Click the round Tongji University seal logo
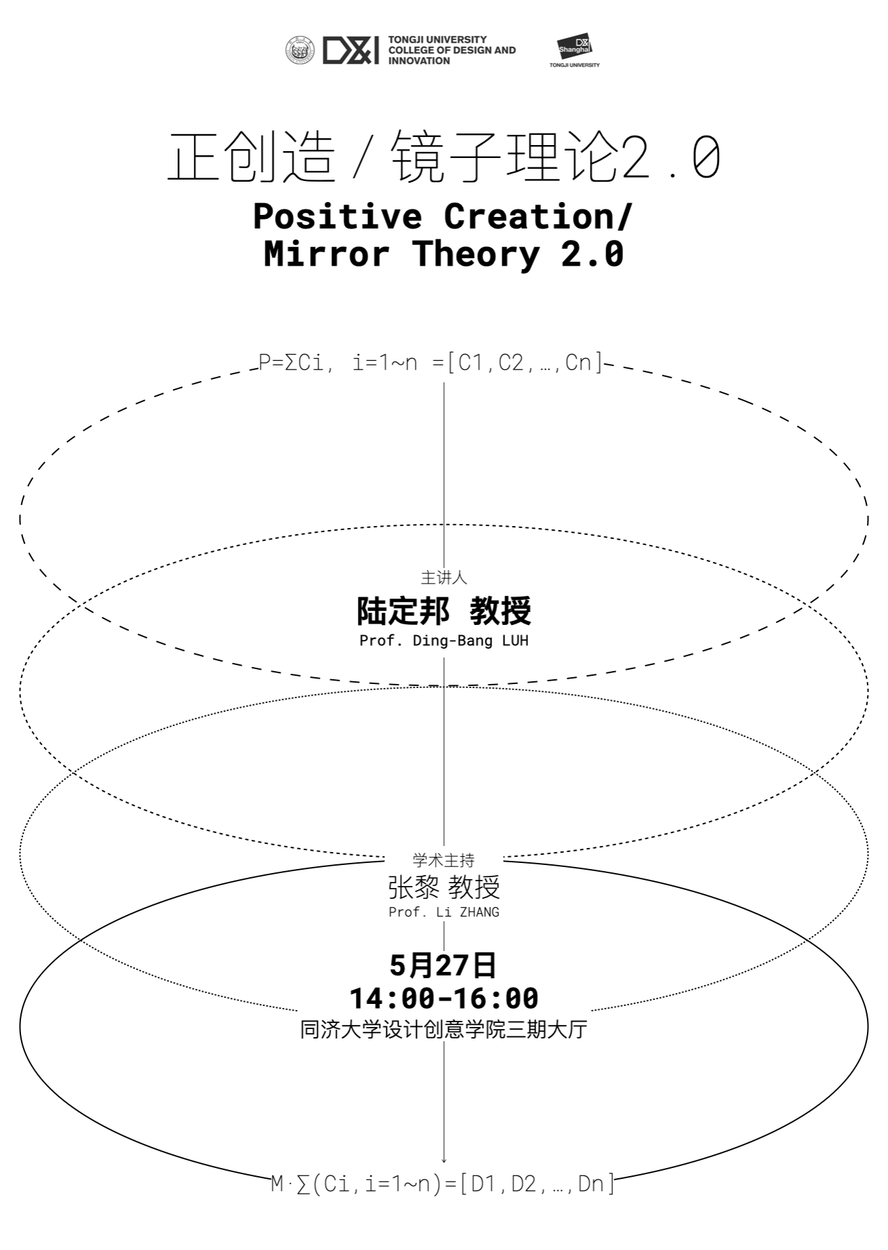pyautogui.click(x=300, y=51)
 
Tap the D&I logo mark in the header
pyautogui.click(x=350, y=51)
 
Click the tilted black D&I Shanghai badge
pyautogui.click(x=575, y=46)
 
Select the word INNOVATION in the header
pyautogui.click(x=419, y=61)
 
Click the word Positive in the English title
pyautogui.click(x=338, y=216)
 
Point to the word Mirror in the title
pyautogui.click(x=327, y=254)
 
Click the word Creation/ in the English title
pyautogui.click(x=538, y=216)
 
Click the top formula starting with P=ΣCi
pyautogui.click(x=431, y=363)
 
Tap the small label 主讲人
pyautogui.click(x=444, y=578)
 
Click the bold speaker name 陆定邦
pyautogui.click(x=403, y=611)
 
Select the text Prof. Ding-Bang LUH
pyautogui.click(x=444, y=641)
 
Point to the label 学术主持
pyautogui.click(x=444, y=860)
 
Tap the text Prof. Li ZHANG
pyautogui.click(x=444, y=912)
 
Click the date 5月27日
pyautogui.click(x=443, y=965)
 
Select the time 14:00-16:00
pyautogui.click(x=444, y=998)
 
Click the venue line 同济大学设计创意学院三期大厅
pyautogui.click(x=444, y=1030)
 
